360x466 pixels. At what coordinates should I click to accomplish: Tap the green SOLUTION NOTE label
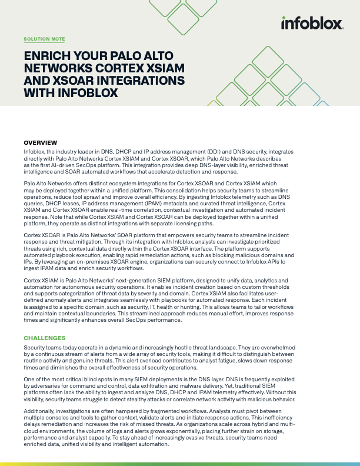(x=44, y=39)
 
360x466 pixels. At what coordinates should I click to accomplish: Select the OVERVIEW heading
(x=40, y=143)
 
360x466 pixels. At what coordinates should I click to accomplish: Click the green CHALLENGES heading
(x=45, y=338)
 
